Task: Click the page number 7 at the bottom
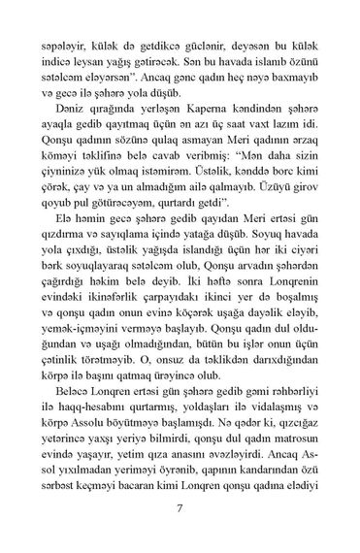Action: (180, 506)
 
